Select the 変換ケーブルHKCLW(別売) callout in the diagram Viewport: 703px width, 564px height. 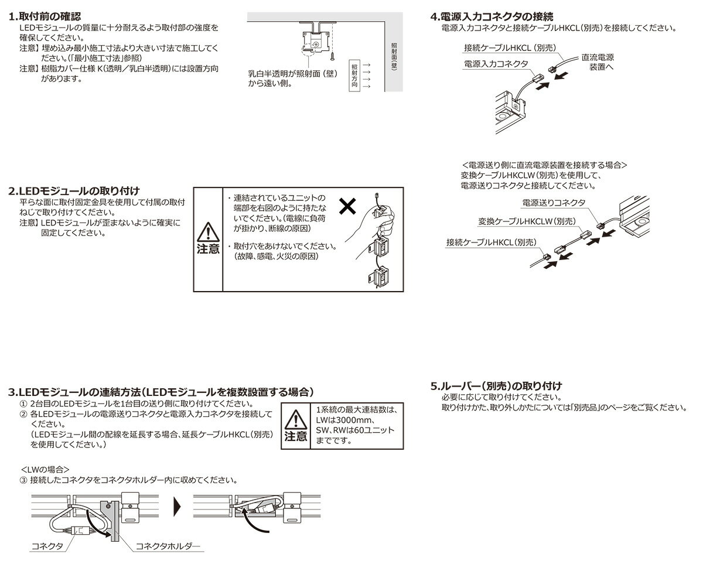(x=526, y=222)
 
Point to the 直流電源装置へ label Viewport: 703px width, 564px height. (x=597, y=63)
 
